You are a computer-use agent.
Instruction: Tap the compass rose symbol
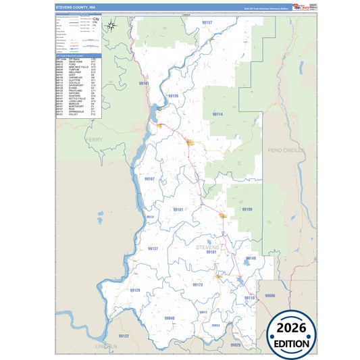[x=112, y=26]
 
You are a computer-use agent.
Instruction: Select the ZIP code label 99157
[x=207, y=23]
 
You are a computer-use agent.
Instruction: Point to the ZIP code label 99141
[x=143, y=84]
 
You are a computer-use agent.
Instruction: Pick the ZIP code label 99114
[x=218, y=115]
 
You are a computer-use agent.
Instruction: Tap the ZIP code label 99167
[x=149, y=179]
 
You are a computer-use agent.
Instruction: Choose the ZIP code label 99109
[x=247, y=210]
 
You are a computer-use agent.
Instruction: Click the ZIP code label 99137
[x=153, y=249]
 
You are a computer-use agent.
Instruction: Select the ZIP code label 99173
[x=197, y=285]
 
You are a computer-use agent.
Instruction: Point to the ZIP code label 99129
[x=135, y=290]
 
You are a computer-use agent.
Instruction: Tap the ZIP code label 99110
[x=249, y=298]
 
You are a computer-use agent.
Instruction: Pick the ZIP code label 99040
[x=170, y=318]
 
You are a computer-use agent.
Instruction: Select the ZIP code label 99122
[x=124, y=336]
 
